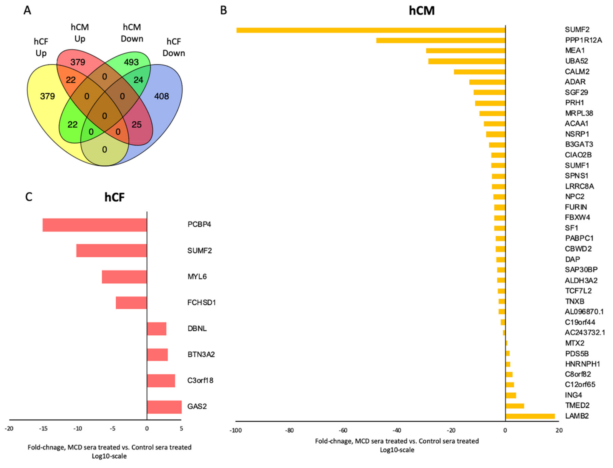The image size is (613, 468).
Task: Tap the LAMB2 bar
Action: click(x=530, y=416)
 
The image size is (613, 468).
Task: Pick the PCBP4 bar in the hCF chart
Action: click(x=95, y=225)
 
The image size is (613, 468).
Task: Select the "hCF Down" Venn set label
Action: click(x=174, y=47)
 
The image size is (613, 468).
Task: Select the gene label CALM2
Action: click(x=577, y=72)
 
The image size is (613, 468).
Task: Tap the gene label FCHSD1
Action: click(x=202, y=303)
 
